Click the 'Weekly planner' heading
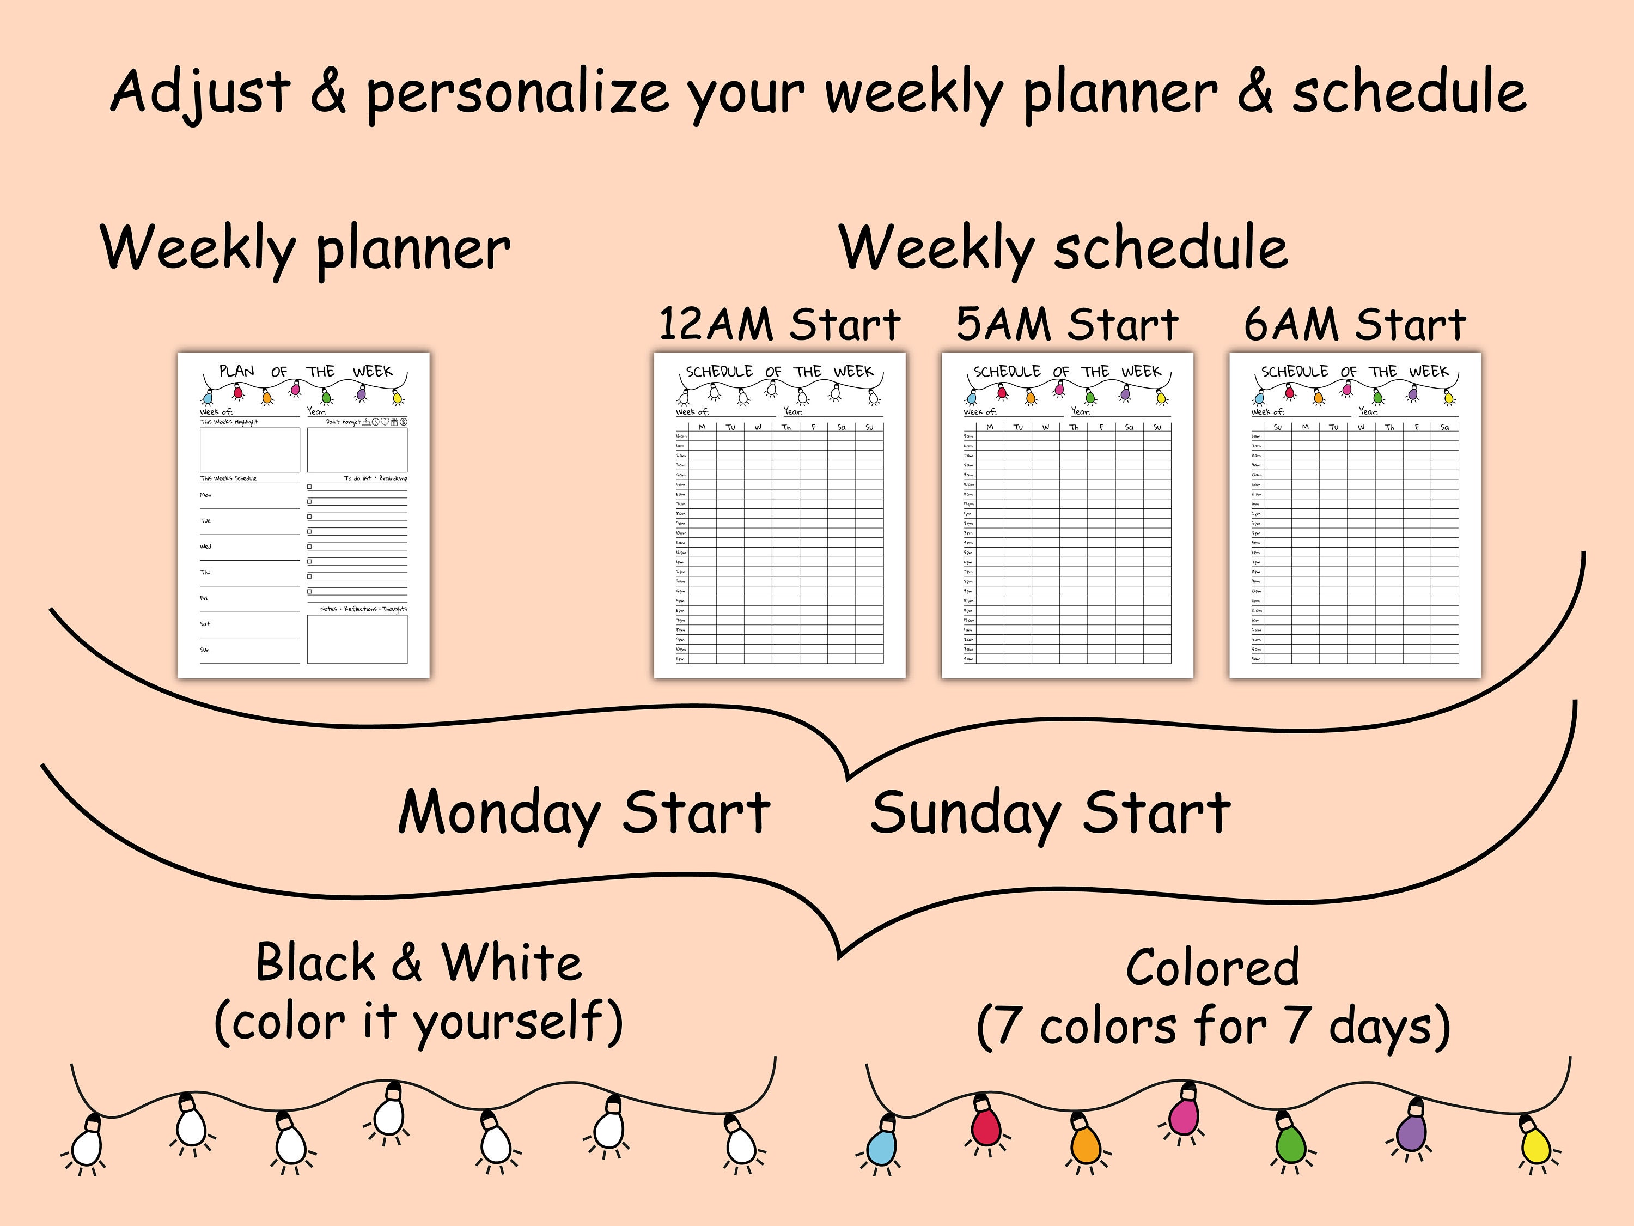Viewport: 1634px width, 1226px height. [x=305, y=248]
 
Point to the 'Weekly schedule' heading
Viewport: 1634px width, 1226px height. [x=1063, y=248]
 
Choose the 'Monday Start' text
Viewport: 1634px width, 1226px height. [x=583, y=812]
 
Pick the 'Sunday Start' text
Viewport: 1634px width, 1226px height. [x=1050, y=812]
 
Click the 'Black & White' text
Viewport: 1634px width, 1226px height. [x=418, y=963]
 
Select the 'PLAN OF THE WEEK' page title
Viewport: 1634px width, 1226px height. [x=305, y=371]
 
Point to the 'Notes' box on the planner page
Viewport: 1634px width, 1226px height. [x=357, y=639]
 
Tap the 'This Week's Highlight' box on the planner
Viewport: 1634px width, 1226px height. [x=249, y=450]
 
